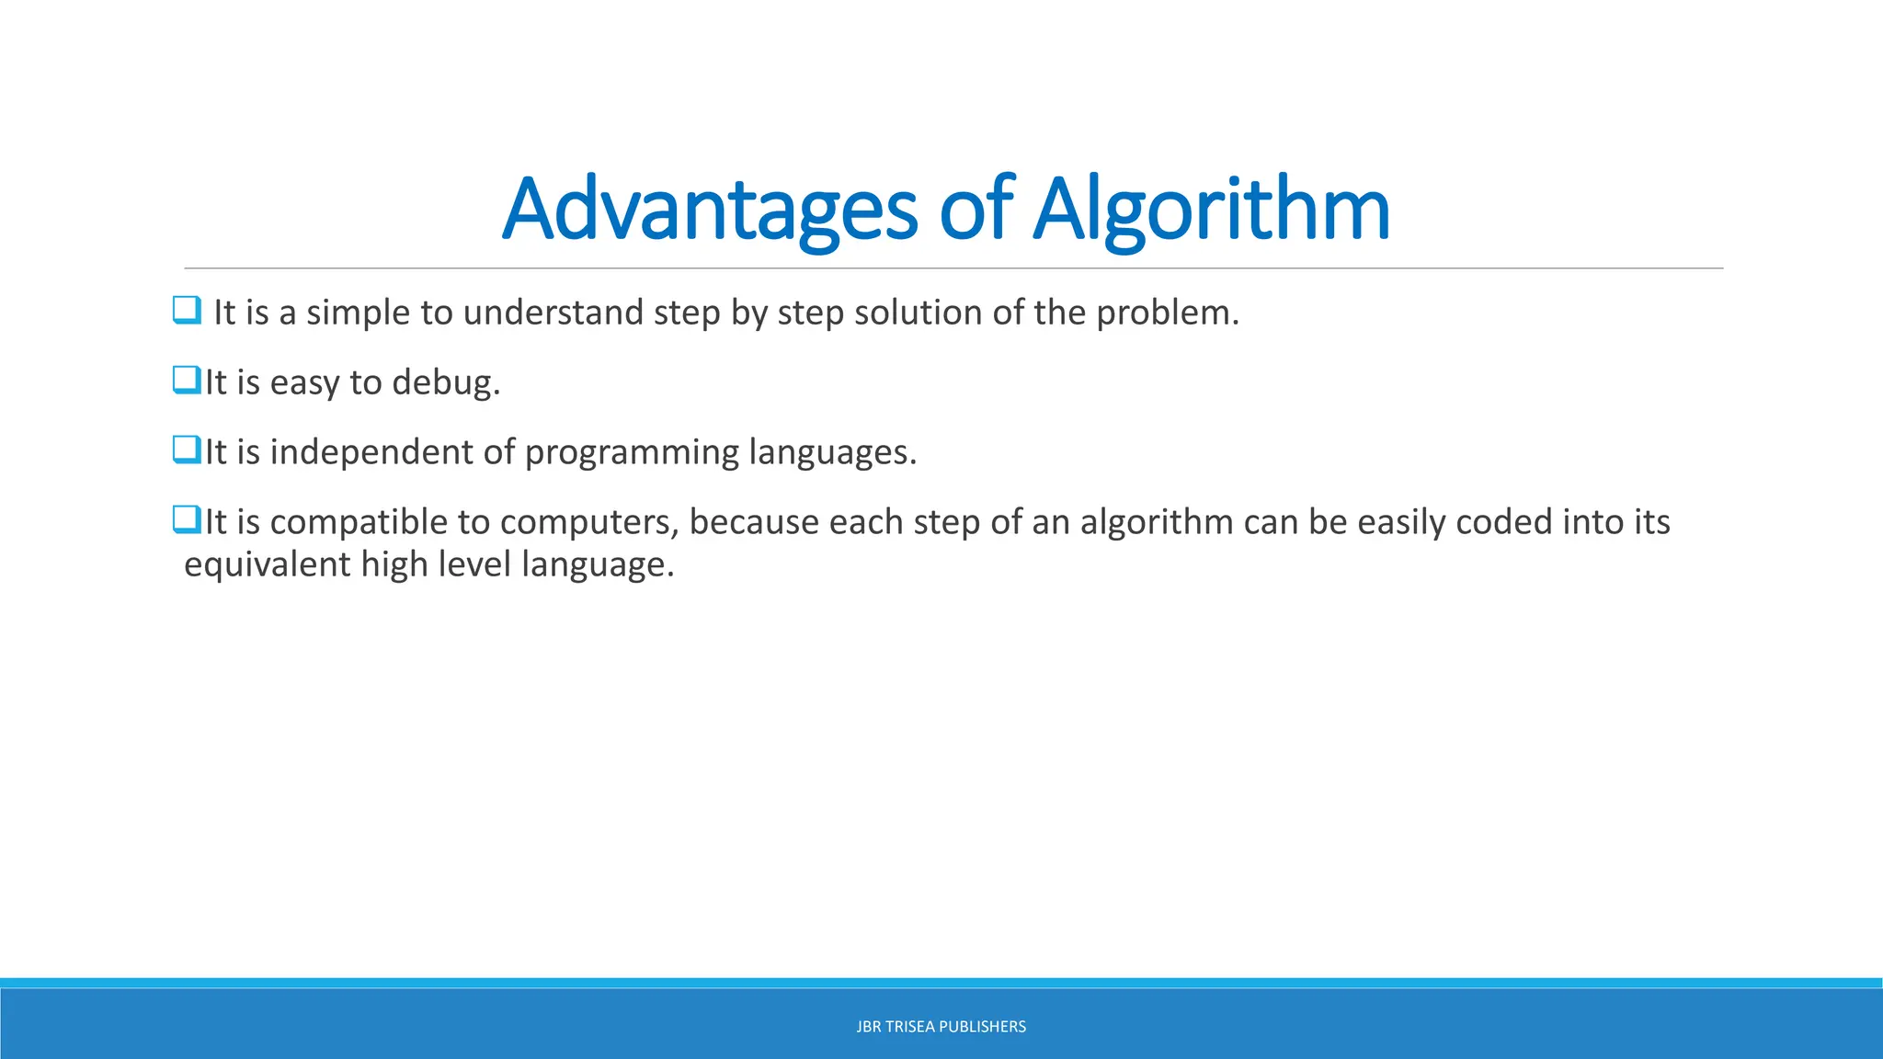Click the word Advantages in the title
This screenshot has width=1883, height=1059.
click(x=709, y=210)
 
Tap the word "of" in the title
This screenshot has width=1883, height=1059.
click(x=976, y=210)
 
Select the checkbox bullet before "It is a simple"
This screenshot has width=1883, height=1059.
click(x=187, y=310)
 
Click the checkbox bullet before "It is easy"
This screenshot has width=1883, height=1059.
click(x=187, y=380)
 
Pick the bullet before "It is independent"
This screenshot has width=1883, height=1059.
click(x=187, y=450)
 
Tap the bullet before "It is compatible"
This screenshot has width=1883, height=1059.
click(x=187, y=519)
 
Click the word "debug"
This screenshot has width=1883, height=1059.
click(x=445, y=382)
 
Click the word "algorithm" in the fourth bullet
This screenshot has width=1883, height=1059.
click(x=1156, y=522)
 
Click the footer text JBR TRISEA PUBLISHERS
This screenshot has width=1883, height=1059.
click(x=941, y=1027)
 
